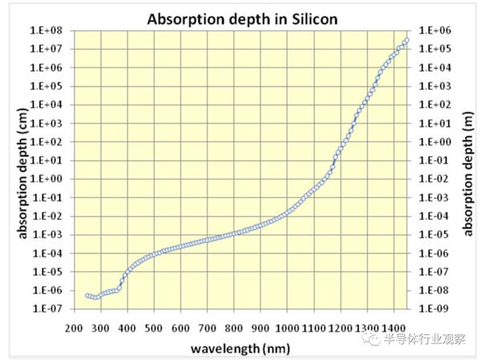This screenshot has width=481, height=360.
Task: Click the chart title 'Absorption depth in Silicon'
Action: coord(240,17)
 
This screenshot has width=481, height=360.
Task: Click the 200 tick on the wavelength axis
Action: coord(74,328)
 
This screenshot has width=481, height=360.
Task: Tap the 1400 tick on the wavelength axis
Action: coord(394,328)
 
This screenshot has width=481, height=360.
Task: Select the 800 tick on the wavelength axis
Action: coord(233,328)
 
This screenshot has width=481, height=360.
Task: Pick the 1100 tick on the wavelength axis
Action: coord(313,328)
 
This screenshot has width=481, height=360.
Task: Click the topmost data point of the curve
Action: coord(406,40)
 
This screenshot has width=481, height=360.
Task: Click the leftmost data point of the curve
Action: coord(87,296)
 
